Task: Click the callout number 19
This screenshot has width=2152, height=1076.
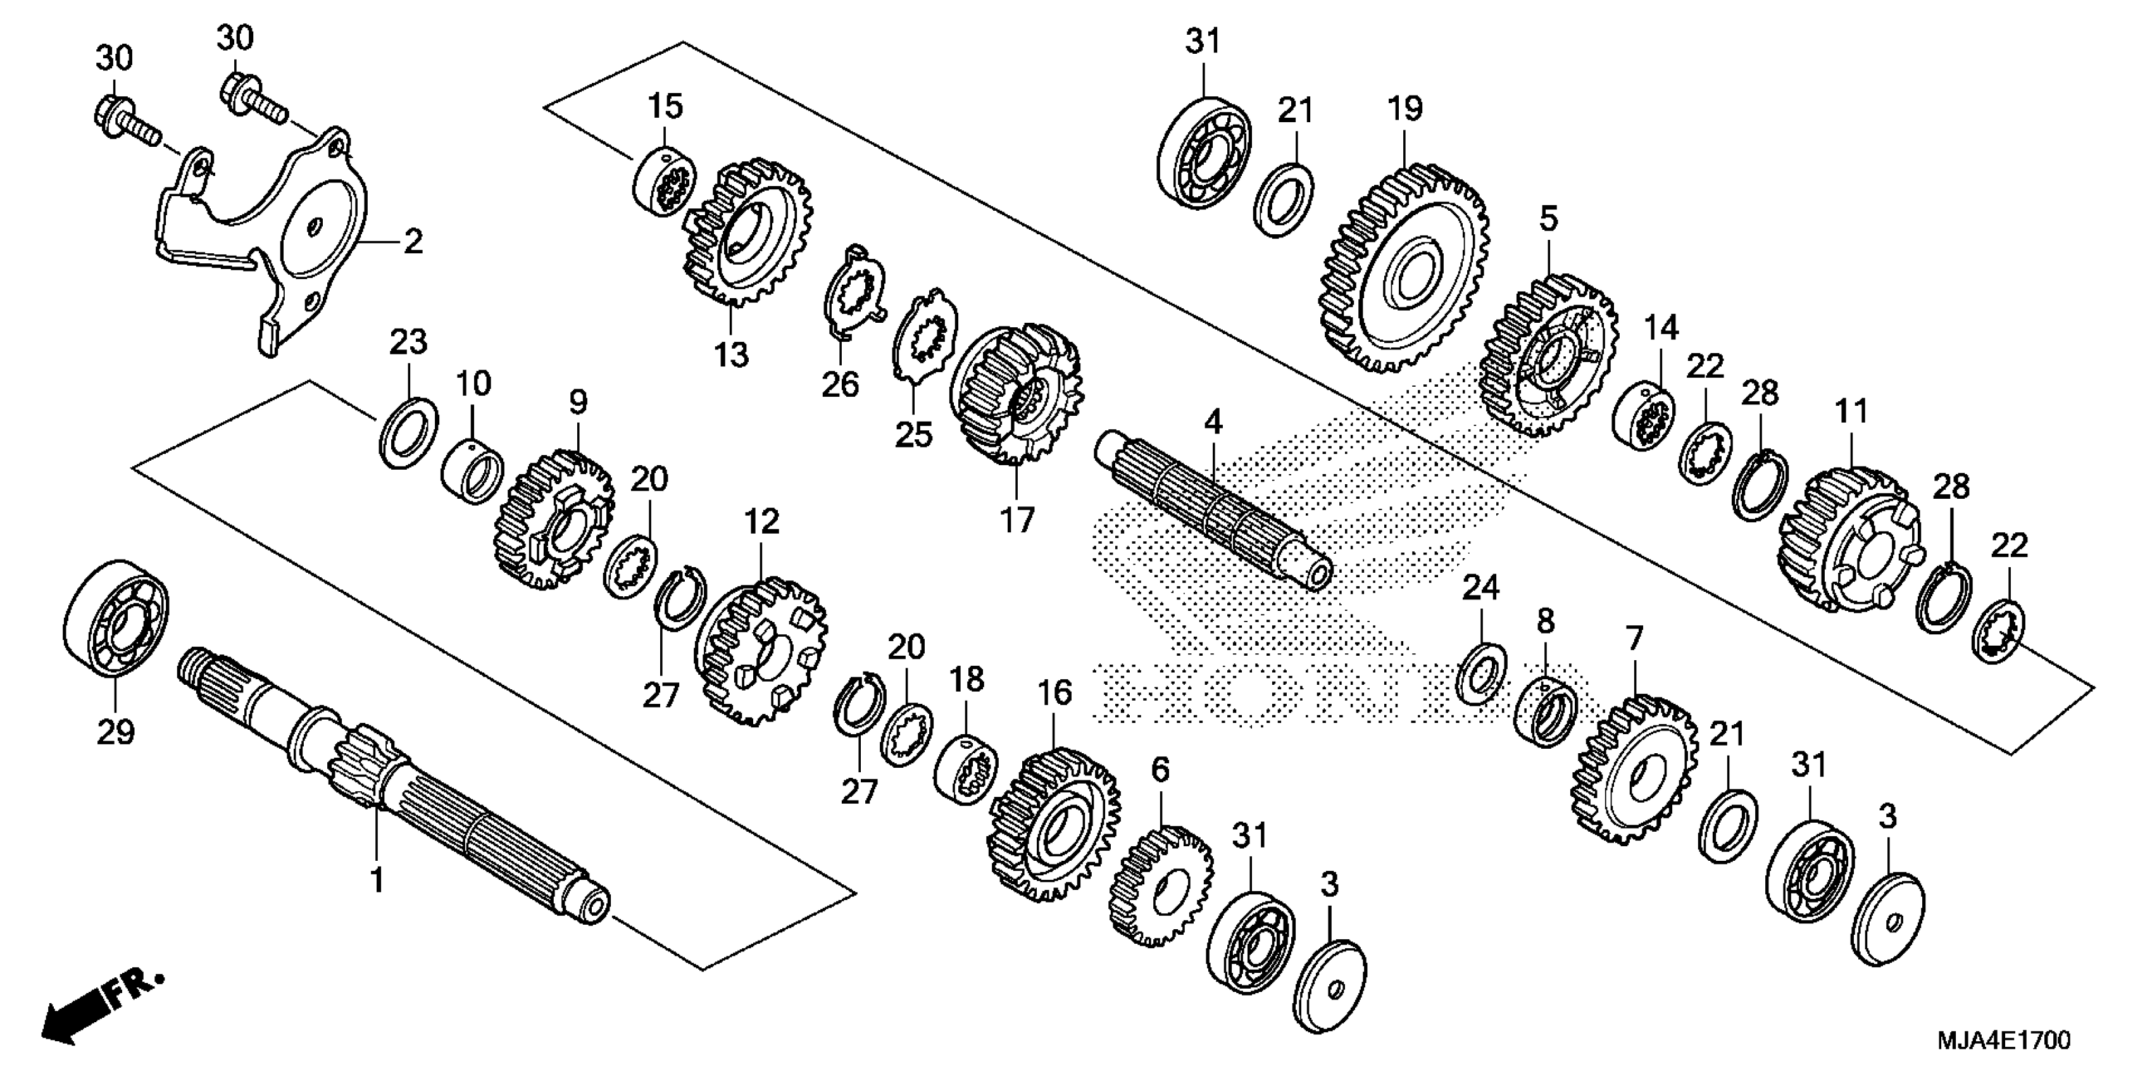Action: (x=1405, y=109)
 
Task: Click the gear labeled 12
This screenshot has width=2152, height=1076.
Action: (x=760, y=652)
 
